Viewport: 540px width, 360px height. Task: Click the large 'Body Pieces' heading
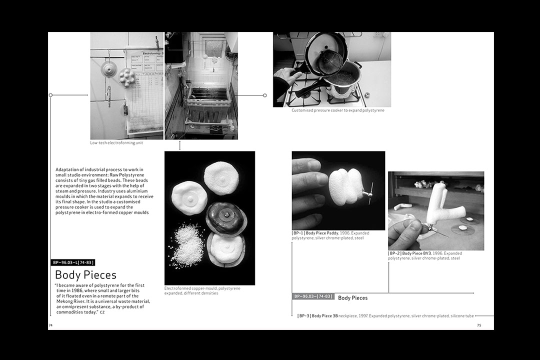(86, 275)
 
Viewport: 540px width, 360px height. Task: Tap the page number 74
(50, 325)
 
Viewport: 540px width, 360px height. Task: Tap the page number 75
(479, 325)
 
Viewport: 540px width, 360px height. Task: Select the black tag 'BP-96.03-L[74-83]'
(72, 262)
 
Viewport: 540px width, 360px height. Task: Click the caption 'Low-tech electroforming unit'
(116, 142)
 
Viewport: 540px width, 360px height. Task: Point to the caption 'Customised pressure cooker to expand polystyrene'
(338, 110)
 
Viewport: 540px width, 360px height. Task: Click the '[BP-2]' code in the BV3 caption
(394, 253)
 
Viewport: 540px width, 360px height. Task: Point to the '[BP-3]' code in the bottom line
(304, 315)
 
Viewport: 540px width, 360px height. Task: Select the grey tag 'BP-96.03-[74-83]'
(313, 296)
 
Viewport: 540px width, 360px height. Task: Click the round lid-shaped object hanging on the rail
(109, 69)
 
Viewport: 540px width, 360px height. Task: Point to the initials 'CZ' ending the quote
(102, 312)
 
